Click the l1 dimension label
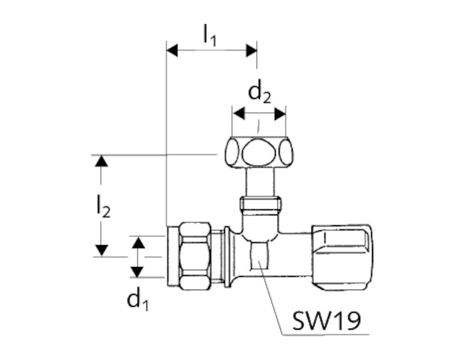click(x=209, y=35)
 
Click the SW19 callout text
click(x=326, y=320)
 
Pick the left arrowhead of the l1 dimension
click(x=172, y=51)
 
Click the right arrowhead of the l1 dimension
click(x=252, y=51)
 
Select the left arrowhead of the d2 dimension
click(x=239, y=114)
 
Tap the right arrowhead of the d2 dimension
click(x=280, y=114)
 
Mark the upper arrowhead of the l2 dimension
click(x=101, y=161)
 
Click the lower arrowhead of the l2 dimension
click(x=101, y=250)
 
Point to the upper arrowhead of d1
click(x=138, y=242)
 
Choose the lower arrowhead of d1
click(x=137, y=271)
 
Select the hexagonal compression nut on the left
click(x=196, y=256)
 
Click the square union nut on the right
click(x=342, y=257)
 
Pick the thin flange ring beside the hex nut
click(x=227, y=256)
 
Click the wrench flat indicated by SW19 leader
click(x=260, y=255)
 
